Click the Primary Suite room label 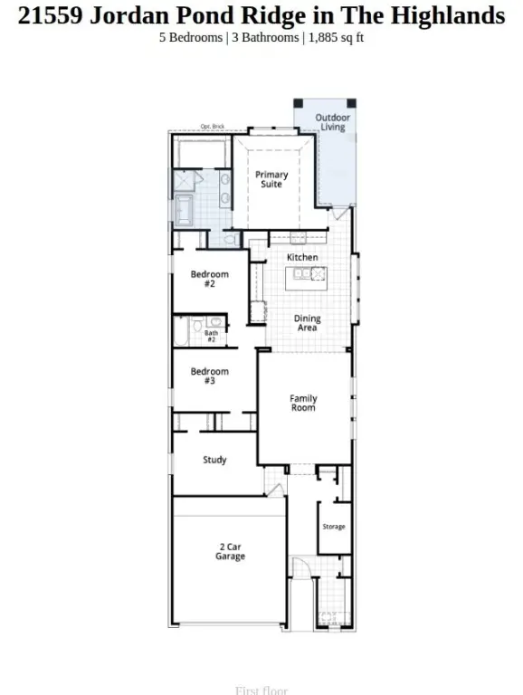pyautogui.click(x=271, y=179)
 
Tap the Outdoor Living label pyautogui.click(x=330, y=122)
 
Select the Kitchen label pyautogui.click(x=302, y=257)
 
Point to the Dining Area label pyautogui.click(x=307, y=323)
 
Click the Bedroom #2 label pyautogui.click(x=209, y=279)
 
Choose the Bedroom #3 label pyautogui.click(x=209, y=376)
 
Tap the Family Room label pyautogui.click(x=303, y=403)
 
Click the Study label pyautogui.click(x=214, y=460)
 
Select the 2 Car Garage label pyautogui.click(x=230, y=551)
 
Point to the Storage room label pyautogui.click(x=334, y=527)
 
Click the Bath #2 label pyautogui.click(x=210, y=336)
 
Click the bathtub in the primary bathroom pyautogui.click(x=185, y=211)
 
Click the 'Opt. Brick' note pyautogui.click(x=212, y=127)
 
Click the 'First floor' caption pyautogui.click(x=261, y=690)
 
